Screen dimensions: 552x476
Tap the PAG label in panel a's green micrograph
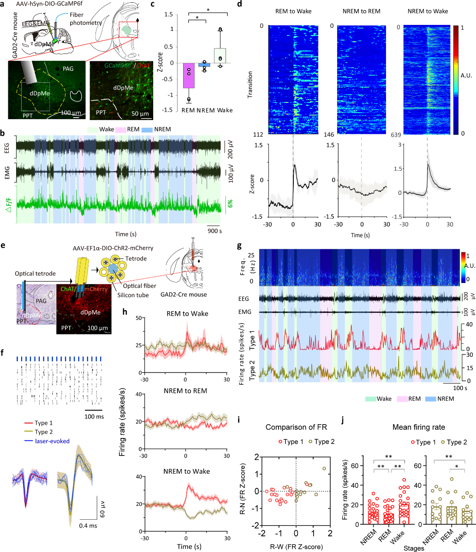tap(65, 70)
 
